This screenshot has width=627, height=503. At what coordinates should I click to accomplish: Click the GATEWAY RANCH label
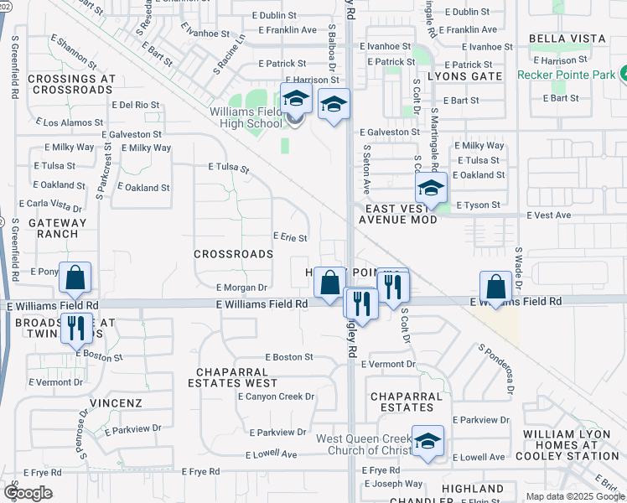click(x=57, y=228)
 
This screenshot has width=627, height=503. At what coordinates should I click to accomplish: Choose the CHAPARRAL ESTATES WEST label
click(x=237, y=377)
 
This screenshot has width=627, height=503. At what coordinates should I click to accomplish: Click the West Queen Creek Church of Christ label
click(x=364, y=445)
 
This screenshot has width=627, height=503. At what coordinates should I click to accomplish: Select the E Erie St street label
click(x=290, y=238)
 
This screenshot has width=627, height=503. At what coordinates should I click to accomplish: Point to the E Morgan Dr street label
click(x=241, y=287)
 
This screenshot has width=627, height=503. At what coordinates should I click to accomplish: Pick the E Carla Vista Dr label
click(x=56, y=205)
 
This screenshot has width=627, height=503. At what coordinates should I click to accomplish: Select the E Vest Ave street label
click(x=548, y=215)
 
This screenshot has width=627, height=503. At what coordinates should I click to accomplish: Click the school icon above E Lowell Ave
click(x=427, y=442)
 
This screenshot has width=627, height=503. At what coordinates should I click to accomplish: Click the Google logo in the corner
click(x=28, y=493)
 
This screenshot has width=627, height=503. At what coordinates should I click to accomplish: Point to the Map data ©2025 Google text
click(x=574, y=496)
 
